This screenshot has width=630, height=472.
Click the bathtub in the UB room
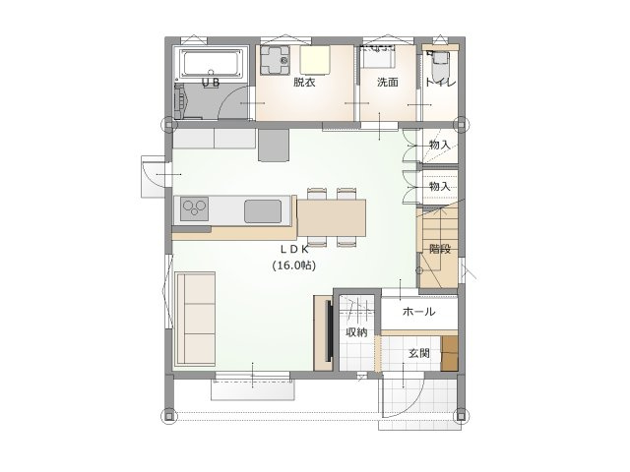coord(212,63)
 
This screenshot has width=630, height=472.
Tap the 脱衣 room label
coord(304,83)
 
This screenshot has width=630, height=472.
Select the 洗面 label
coord(387,83)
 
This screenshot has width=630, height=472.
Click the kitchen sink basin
coord(263,211)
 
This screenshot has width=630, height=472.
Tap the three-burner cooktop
coord(195,207)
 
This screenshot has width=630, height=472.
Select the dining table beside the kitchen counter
coord(332,218)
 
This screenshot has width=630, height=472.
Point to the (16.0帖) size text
coord(294,265)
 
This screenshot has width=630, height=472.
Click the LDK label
coord(294,249)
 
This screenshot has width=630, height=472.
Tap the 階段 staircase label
coord(440,249)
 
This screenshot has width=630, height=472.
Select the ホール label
coord(418,312)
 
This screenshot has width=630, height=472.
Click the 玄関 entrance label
coord(419,353)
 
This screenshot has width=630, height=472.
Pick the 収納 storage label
coord(356,332)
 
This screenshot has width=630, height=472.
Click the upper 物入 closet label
coord(440,145)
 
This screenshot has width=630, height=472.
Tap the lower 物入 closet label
coord(440,186)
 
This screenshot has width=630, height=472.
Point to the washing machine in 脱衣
coord(275,60)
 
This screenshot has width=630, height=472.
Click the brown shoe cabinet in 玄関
coord(450,354)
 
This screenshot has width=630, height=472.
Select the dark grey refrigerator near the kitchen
coord(274,145)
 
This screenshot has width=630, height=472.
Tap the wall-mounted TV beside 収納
coord(329,331)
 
